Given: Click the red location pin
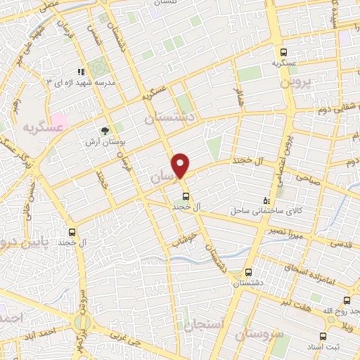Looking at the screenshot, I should [x=181, y=165].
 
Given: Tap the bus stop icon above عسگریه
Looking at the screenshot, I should [x=283, y=52].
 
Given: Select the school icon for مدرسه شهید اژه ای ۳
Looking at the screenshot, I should [x=82, y=71].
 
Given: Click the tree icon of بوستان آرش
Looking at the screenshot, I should [x=105, y=130].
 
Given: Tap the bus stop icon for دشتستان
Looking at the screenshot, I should [x=247, y=272].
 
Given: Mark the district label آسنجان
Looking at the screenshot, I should [x=204, y=325].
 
